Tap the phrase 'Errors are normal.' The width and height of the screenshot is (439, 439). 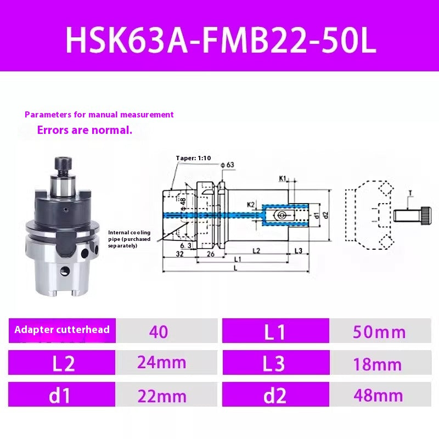[85, 131]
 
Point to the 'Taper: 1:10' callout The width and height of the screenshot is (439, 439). [193, 158]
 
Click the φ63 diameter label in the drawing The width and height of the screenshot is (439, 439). [227, 165]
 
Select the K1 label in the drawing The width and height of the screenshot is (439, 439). [283, 178]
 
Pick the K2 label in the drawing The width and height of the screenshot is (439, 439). [250, 205]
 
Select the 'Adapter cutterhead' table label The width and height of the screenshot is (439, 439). [62, 330]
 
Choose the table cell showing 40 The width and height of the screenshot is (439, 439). [159, 332]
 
